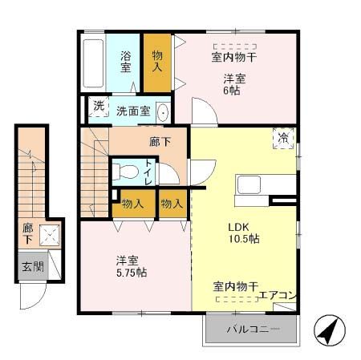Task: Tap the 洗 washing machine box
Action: (98, 107)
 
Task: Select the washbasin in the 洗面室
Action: (163, 111)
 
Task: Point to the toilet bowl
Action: (125, 171)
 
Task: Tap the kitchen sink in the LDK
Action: (248, 185)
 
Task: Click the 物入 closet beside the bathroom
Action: (158, 62)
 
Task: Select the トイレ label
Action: (150, 172)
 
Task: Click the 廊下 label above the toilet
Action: (159, 141)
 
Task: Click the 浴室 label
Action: (126, 63)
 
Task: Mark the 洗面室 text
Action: (132, 111)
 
